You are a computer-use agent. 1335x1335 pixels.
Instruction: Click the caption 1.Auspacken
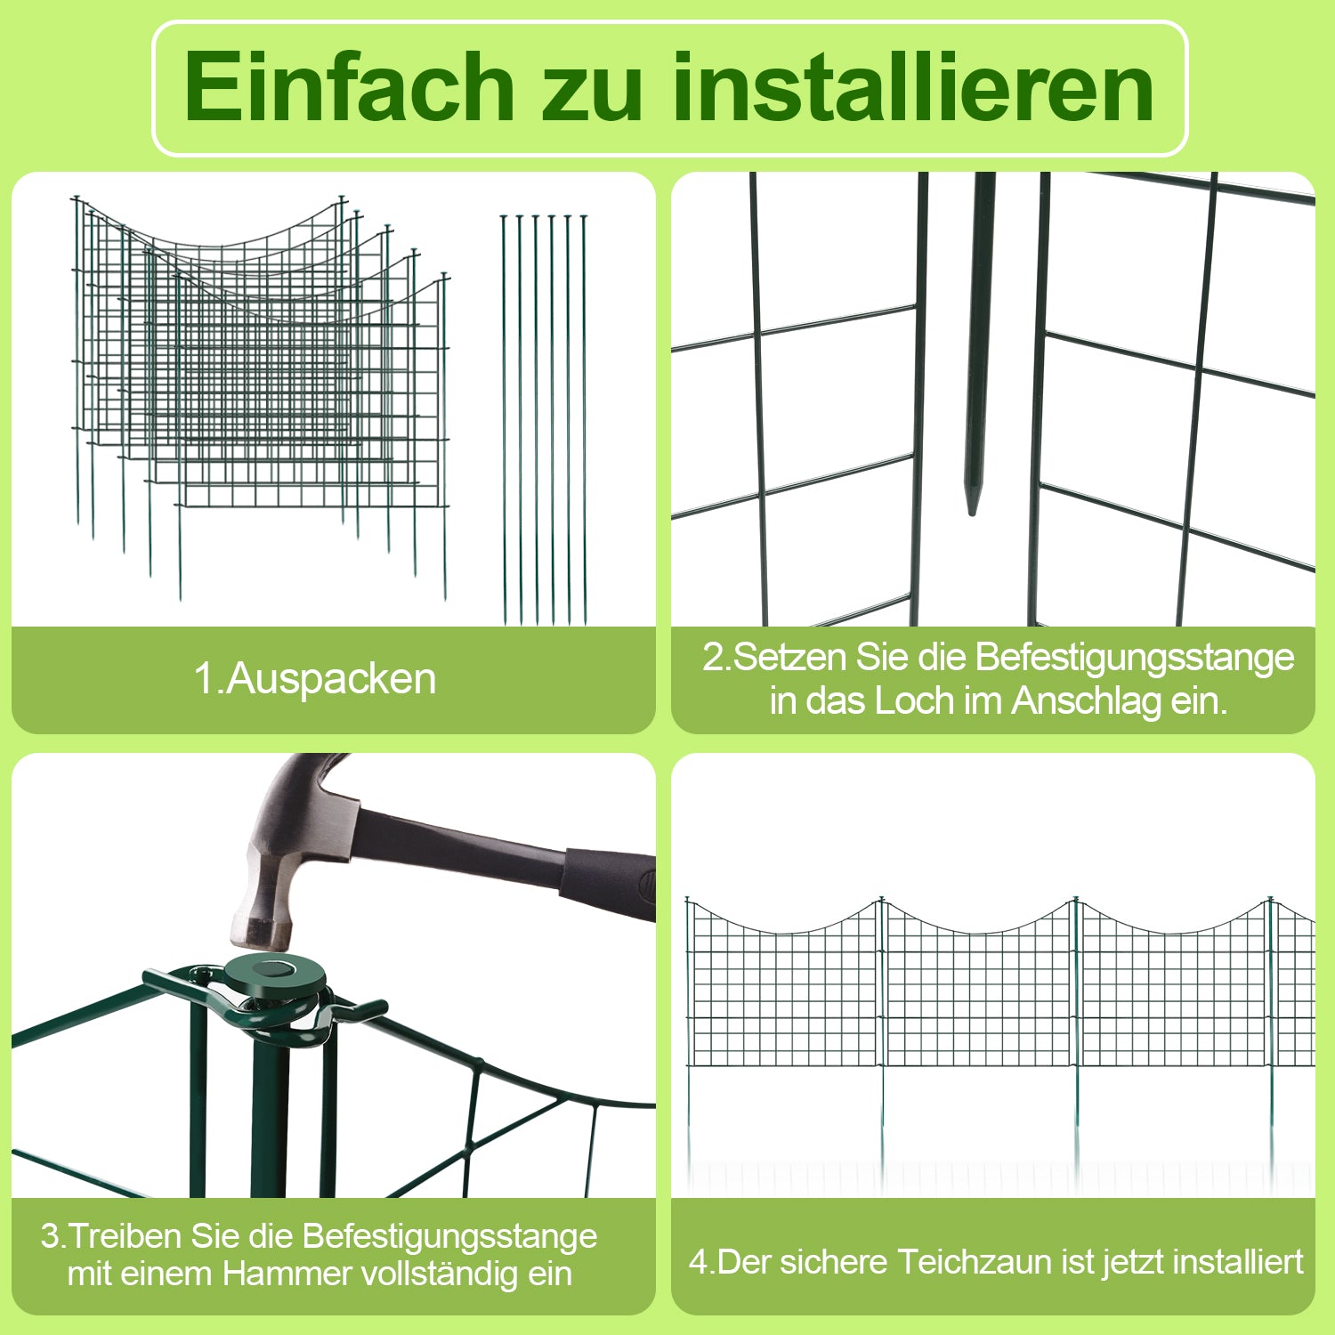click(315, 678)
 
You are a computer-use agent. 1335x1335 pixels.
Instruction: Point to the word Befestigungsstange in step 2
click(1135, 657)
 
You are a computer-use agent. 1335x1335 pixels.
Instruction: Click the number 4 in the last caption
click(698, 1262)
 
